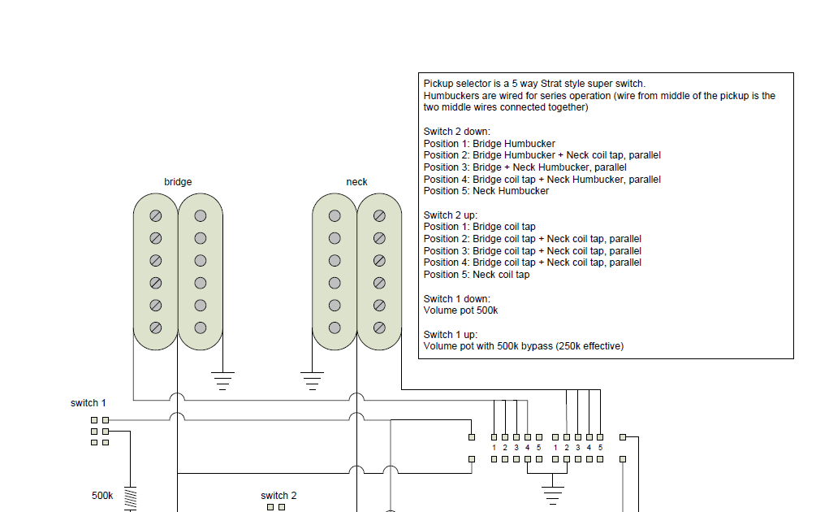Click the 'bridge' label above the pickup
point(178,182)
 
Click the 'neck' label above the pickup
point(356,182)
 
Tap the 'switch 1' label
point(88,403)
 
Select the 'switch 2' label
point(278,496)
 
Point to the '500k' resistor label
point(101,495)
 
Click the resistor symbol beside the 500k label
point(129,497)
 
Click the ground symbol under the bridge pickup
point(222,379)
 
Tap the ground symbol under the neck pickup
point(311,379)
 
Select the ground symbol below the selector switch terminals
point(553,492)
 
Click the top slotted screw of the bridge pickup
point(155,216)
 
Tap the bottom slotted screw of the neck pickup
point(379,328)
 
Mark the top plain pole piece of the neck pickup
point(335,216)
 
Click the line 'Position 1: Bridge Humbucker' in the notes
point(489,144)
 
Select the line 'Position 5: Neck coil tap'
point(476,275)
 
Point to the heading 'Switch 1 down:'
point(456,299)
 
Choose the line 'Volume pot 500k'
point(460,310)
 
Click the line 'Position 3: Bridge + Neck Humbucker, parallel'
point(525,167)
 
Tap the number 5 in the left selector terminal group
point(539,448)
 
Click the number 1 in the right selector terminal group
point(555,448)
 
